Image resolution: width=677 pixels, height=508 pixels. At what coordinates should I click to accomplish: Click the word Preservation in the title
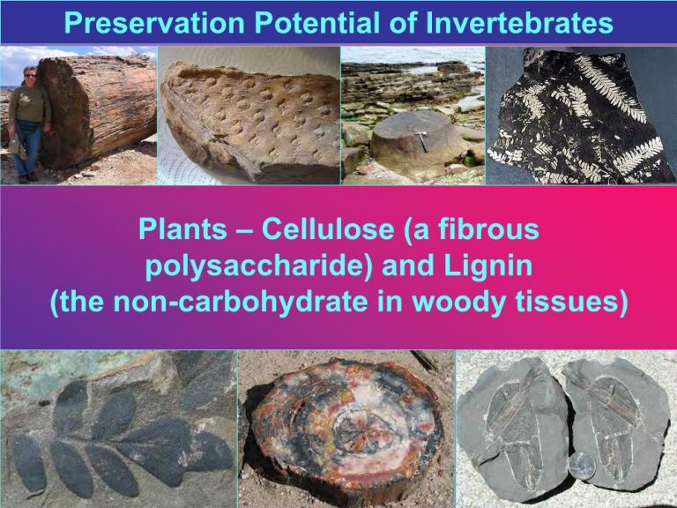(x=154, y=22)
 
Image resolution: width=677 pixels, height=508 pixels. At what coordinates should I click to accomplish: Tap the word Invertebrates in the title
(x=519, y=22)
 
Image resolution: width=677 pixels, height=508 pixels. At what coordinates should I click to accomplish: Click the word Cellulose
(x=328, y=228)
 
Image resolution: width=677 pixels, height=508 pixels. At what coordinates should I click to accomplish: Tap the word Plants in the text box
(x=182, y=228)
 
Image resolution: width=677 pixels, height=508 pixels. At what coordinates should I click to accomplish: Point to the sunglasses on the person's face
(x=30, y=76)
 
